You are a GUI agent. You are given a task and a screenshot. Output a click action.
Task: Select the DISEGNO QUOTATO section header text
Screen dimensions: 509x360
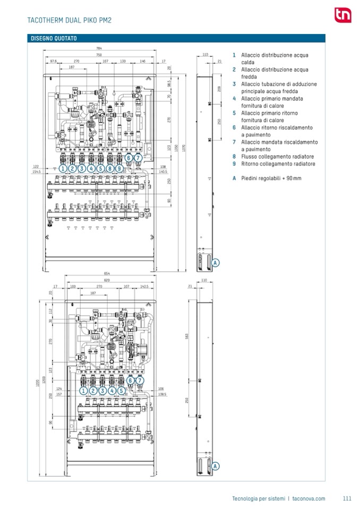coord(54,38)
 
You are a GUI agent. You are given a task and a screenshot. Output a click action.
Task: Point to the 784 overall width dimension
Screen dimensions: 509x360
coord(99,49)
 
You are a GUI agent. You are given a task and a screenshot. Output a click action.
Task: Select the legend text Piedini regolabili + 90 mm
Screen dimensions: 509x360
coord(271,178)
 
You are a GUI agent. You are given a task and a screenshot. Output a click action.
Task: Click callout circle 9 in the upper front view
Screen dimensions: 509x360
coord(119,168)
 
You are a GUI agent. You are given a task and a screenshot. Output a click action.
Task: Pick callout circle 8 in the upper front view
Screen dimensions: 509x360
coord(110,168)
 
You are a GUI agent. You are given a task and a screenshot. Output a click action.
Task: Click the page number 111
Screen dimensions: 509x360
coord(347,498)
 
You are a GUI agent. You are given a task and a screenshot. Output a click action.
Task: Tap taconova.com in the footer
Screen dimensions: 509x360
coord(308,498)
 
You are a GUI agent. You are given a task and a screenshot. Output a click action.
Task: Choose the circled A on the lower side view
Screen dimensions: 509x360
coord(216,465)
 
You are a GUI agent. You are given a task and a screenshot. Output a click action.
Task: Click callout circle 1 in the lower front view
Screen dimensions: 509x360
coord(83,391)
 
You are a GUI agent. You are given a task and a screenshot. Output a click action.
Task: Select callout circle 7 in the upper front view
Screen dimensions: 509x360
coord(138,158)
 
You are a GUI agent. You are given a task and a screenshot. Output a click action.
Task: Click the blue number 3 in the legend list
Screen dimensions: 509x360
coord(234,84)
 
